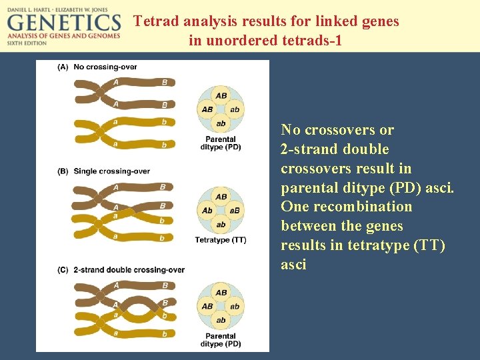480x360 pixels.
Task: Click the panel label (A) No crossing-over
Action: point(97,67)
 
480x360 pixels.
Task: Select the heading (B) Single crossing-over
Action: point(103,171)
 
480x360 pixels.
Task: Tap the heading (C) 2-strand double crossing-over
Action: point(121,270)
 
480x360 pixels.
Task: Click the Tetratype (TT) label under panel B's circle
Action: point(221,240)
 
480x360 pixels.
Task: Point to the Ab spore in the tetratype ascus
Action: point(207,211)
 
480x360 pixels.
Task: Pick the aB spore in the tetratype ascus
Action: point(235,211)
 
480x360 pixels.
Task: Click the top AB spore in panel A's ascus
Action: point(221,96)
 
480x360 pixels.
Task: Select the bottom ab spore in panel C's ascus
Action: point(221,320)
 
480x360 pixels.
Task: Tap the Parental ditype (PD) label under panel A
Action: point(221,143)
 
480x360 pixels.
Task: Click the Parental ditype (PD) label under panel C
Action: point(221,340)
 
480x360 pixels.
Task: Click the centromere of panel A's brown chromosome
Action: point(99,93)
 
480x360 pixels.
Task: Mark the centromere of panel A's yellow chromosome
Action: point(99,132)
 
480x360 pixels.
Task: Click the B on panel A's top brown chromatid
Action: point(164,83)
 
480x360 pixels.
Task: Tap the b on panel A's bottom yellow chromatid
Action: point(164,144)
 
